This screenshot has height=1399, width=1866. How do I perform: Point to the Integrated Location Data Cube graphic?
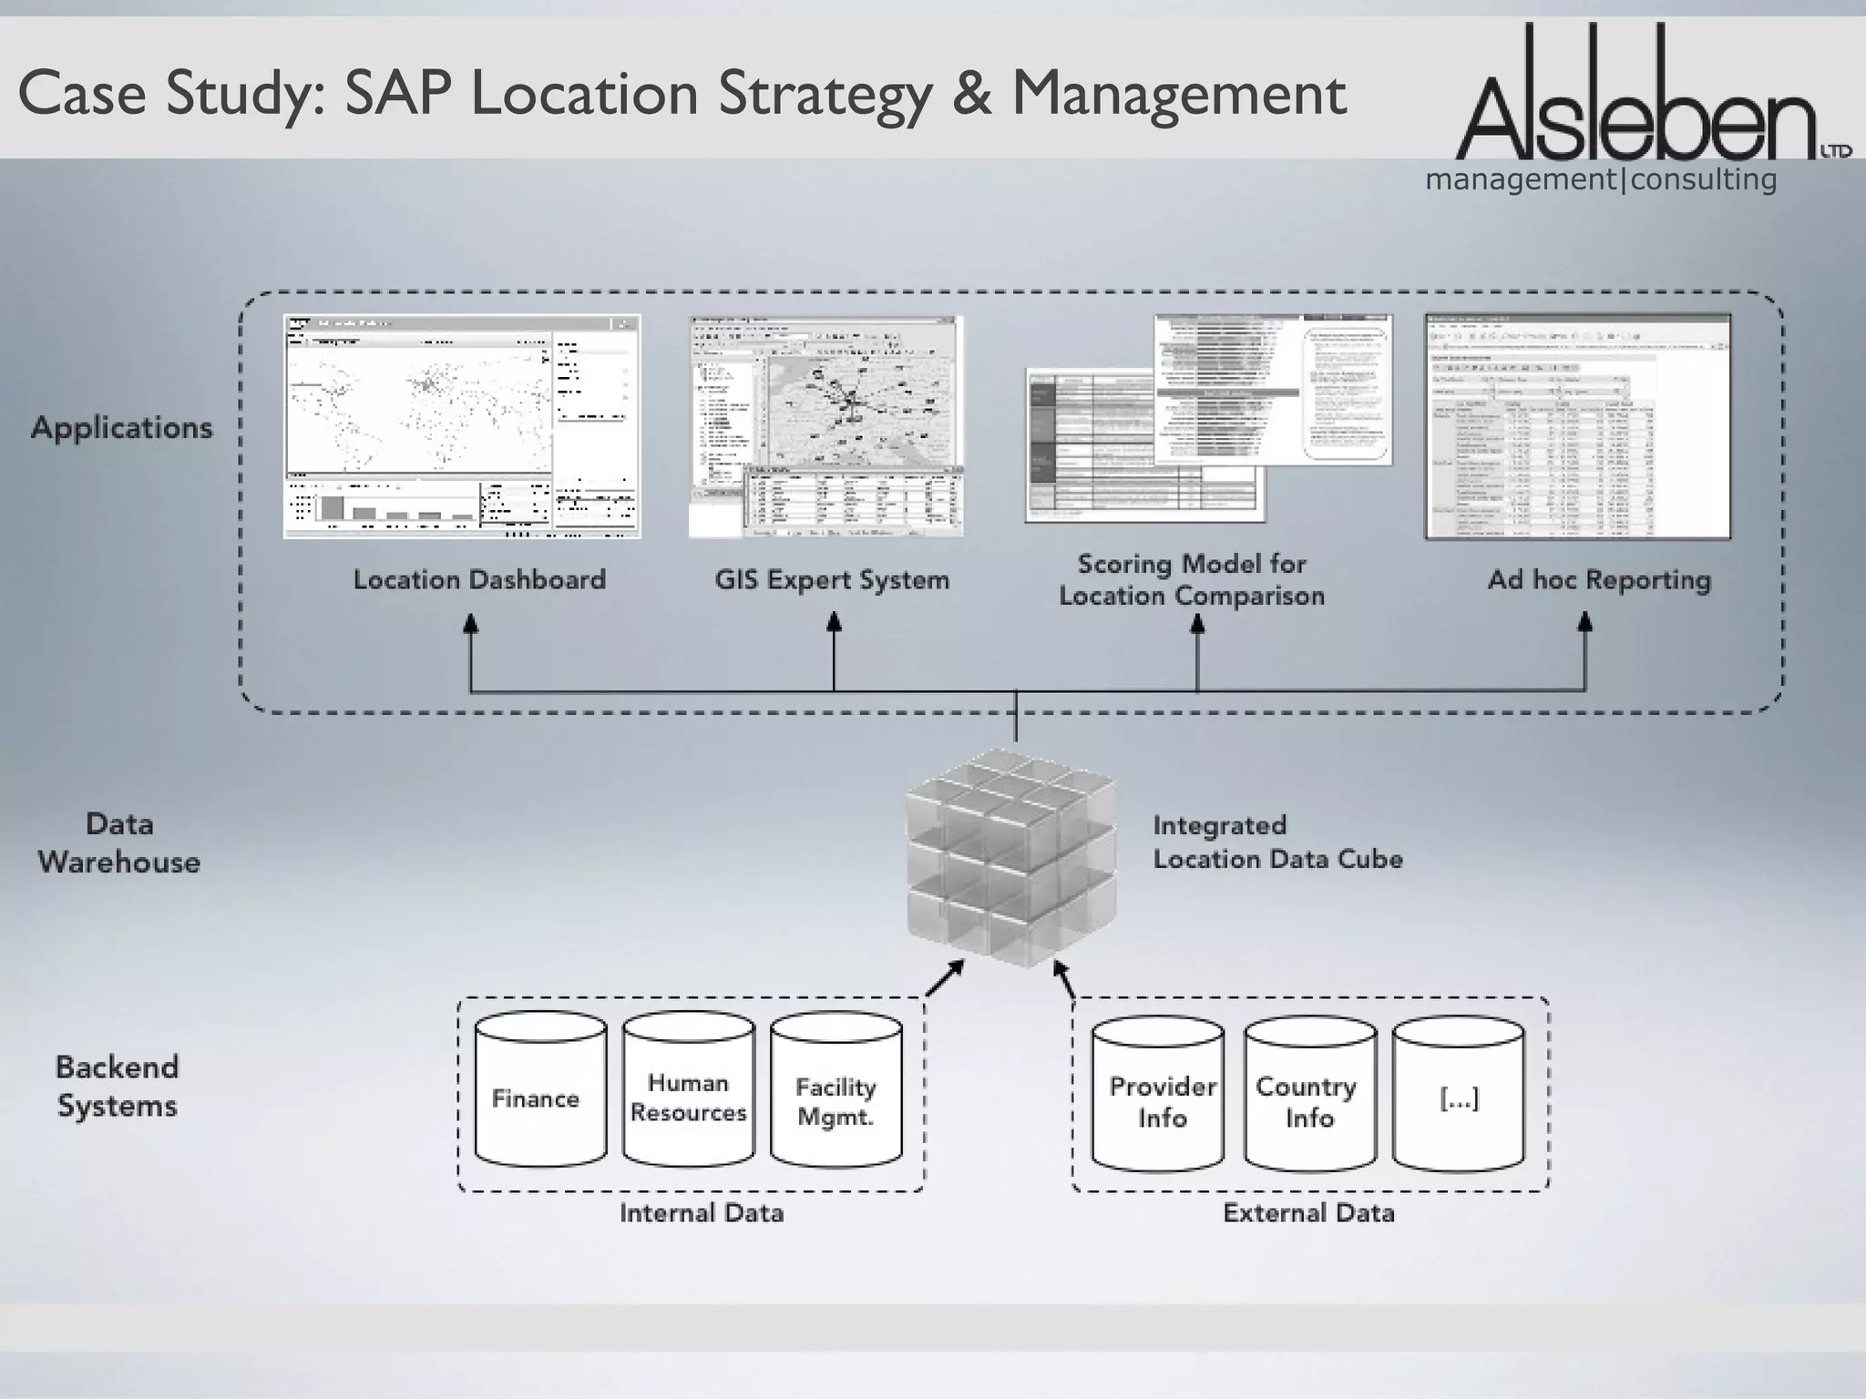(x=1010, y=857)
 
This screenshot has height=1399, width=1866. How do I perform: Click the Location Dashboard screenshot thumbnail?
(x=462, y=426)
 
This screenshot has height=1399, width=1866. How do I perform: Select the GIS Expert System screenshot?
(x=825, y=426)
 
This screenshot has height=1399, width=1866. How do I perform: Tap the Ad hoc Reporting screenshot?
(x=1577, y=426)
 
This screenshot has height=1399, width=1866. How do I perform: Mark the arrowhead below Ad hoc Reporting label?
(x=1584, y=623)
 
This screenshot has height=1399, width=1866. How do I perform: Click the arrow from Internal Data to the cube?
(x=945, y=978)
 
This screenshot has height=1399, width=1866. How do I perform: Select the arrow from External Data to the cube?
(x=1063, y=978)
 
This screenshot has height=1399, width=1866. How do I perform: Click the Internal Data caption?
(x=701, y=1213)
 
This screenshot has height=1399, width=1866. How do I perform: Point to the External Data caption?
(x=1308, y=1213)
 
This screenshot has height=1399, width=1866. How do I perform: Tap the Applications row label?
(x=122, y=428)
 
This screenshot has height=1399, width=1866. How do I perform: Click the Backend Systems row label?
(x=117, y=1087)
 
